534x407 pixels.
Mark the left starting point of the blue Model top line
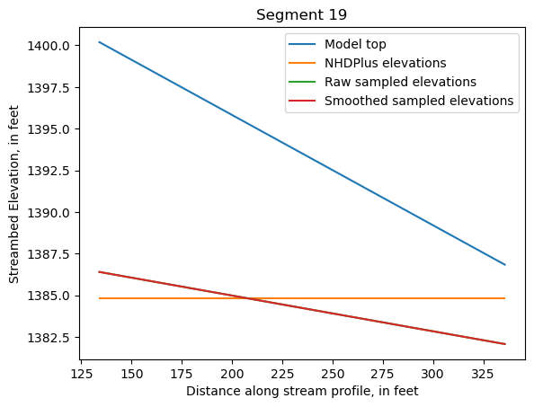(x=99, y=41)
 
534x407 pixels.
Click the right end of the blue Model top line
(x=505, y=265)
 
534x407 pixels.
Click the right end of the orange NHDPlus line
(x=505, y=298)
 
